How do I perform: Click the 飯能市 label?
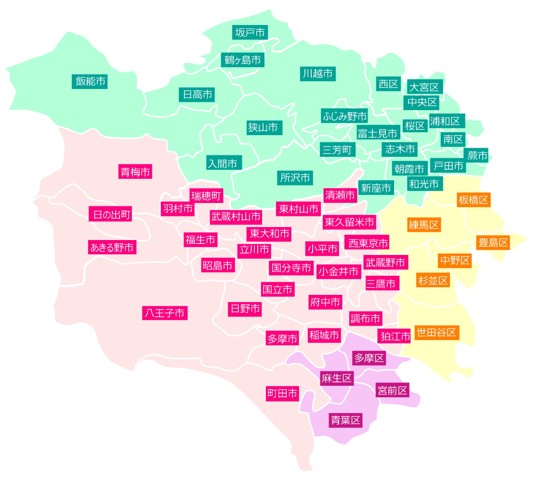tap(90, 81)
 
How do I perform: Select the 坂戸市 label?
tap(250, 32)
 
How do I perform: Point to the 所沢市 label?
tap(295, 177)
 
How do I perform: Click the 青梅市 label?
tap(135, 171)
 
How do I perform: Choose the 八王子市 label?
tap(165, 313)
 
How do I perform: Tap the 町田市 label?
tap(282, 393)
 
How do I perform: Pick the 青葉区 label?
tap(345, 420)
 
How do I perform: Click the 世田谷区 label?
tap(436, 332)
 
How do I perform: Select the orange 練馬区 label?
tap(424, 224)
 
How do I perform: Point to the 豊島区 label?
tap(493, 242)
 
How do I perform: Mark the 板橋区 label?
tap(474, 200)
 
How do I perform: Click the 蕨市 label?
tap(477, 155)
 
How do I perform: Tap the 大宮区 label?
tap(424, 87)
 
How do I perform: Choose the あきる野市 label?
tap(112, 247)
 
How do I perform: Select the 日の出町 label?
tap(110, 214)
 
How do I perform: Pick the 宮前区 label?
tap(392, 390)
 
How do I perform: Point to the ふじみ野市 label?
tap(344, 115)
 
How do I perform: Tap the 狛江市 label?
tap(395, 335)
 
